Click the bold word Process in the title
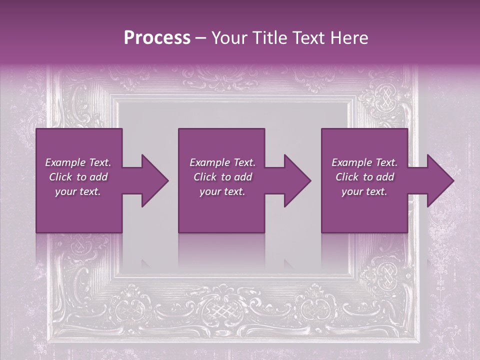coord(157,38)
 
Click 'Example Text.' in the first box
coord(78,162)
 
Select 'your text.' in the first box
coord(78,191)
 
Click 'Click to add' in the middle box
coord(222,177)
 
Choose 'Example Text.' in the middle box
coord(222,162)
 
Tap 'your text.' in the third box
coord(364,191)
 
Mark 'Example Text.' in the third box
coord(364,162)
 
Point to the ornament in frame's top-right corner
coord(385,97)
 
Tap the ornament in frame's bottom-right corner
coord(385,277)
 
